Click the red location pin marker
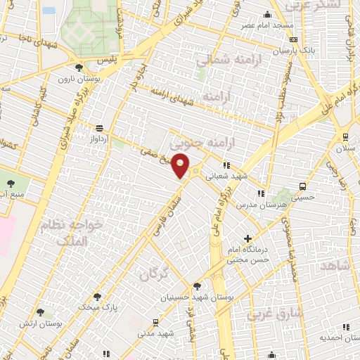point(181,165)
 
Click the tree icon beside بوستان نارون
point(79,68)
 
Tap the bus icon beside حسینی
point(302,187)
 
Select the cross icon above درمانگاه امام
point(247,239)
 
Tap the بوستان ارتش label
point(60,323)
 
